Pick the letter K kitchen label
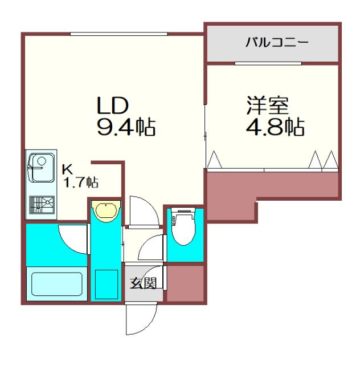[x=67, y=169]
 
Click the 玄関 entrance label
[x=143, y=283]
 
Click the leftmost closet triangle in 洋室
[x=214, y=160]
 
